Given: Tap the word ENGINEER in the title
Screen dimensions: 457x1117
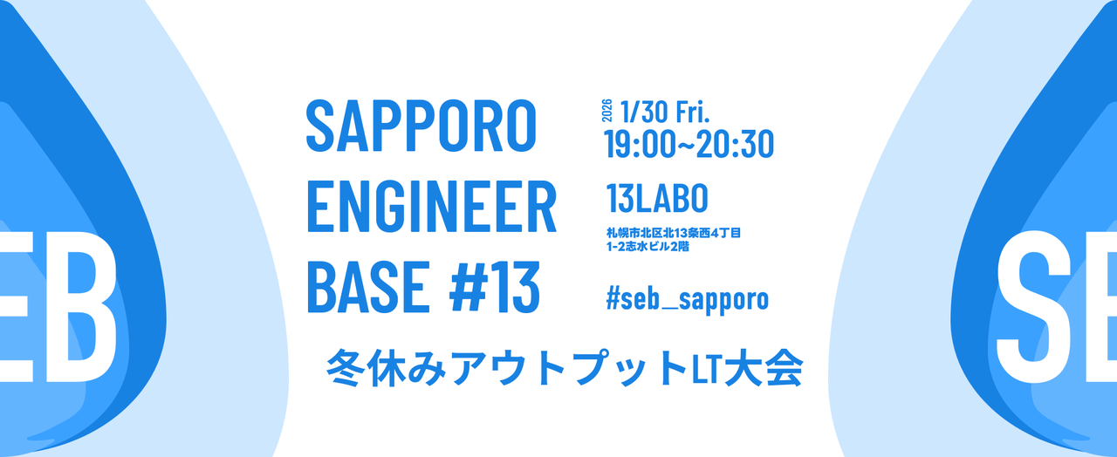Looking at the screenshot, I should click(x=431, y=208).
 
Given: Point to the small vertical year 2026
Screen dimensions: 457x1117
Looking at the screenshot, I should click(x=607, y=111).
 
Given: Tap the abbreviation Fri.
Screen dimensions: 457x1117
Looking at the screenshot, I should click(x=695, y=111).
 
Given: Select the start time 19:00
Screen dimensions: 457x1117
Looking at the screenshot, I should click(x=639, y=144).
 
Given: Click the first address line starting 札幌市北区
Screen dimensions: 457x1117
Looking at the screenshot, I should click(x=674, y=234).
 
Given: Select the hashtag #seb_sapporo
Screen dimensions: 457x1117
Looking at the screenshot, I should click(x=687, y=299).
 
